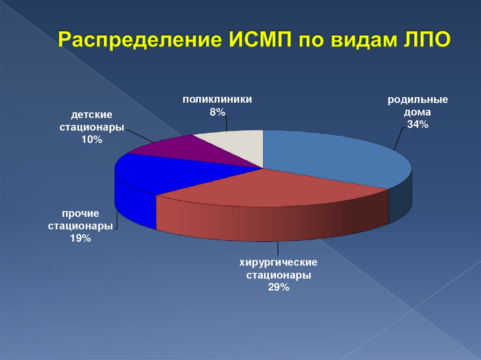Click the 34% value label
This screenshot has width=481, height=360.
(418, 124)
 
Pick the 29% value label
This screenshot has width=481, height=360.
(279, 287)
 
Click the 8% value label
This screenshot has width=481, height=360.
(217, 112)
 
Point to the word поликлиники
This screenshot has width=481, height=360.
(217, 100)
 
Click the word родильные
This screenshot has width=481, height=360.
(418, 100)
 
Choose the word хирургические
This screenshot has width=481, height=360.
(279, 262)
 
